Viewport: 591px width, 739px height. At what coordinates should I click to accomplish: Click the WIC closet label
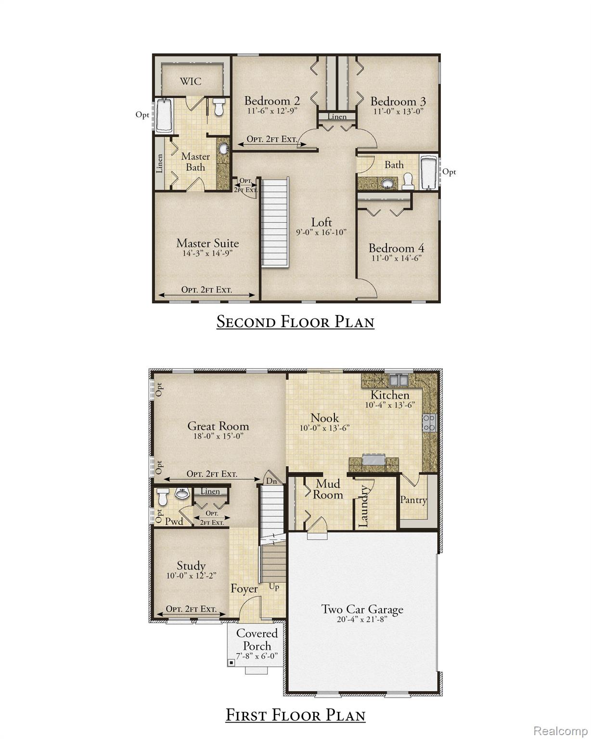click(x=191, y=81)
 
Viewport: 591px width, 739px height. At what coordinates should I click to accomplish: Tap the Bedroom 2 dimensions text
click(x=272, y=111)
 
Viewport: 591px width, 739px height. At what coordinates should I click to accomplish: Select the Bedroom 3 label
click(x=398, y=102)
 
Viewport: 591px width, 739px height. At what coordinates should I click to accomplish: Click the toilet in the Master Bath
click(x=219, y=107)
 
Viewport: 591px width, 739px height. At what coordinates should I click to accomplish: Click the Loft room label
click(x=321, y=222)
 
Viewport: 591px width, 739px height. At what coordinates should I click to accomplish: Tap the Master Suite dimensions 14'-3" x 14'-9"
click(x=207, y=253)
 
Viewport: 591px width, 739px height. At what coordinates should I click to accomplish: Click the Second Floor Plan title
click(x=295, y=321)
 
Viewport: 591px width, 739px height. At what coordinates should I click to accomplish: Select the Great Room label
click(x=218, y=426)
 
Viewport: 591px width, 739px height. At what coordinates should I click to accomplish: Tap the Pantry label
click(x=413, y=500)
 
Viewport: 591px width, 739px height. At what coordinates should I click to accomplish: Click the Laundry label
click(x=364, y=506)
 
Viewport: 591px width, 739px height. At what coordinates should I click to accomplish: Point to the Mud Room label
click(x=328, y=489)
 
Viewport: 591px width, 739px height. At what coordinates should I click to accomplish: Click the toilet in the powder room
click(x=163, y=497)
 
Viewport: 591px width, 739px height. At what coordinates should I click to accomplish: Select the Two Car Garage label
click(x=362, y=610)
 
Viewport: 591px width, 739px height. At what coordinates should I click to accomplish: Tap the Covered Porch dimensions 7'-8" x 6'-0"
click(x=257, y=656)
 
